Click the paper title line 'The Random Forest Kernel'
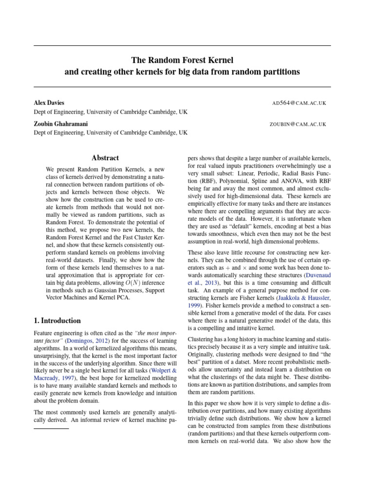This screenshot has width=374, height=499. coord(183,60)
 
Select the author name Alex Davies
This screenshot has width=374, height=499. coord(49,103)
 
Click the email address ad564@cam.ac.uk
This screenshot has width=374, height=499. coord(299,103)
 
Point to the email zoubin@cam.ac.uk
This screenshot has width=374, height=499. coord(298,124)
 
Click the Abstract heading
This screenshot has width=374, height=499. coord(105,157)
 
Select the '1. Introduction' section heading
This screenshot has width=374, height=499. coord(57,321)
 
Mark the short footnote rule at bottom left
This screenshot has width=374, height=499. coord(51,428)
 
